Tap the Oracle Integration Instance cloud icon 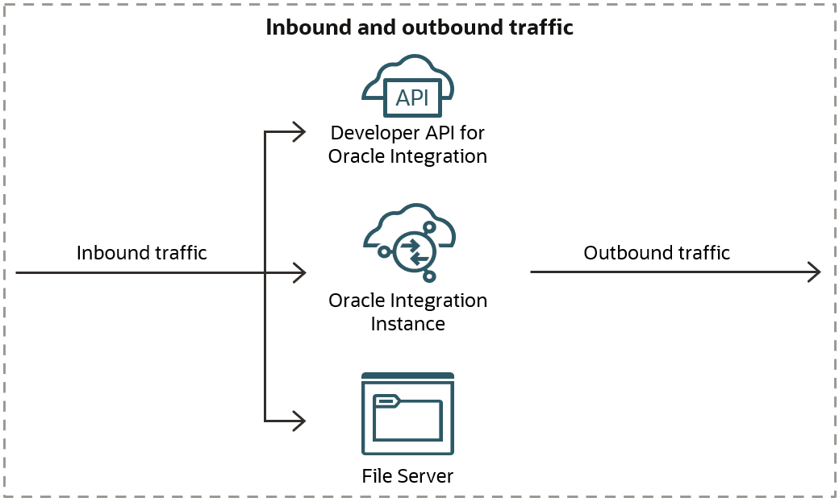(409, 246)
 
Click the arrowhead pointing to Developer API (299, 131)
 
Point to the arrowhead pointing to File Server (299, 421)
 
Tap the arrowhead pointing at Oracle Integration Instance (299, 272)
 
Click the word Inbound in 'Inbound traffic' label (110, 253)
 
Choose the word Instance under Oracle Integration (407, 324)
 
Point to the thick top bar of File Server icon (407, 376)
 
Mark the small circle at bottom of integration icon (429, 276)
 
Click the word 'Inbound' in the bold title (298, 28)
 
